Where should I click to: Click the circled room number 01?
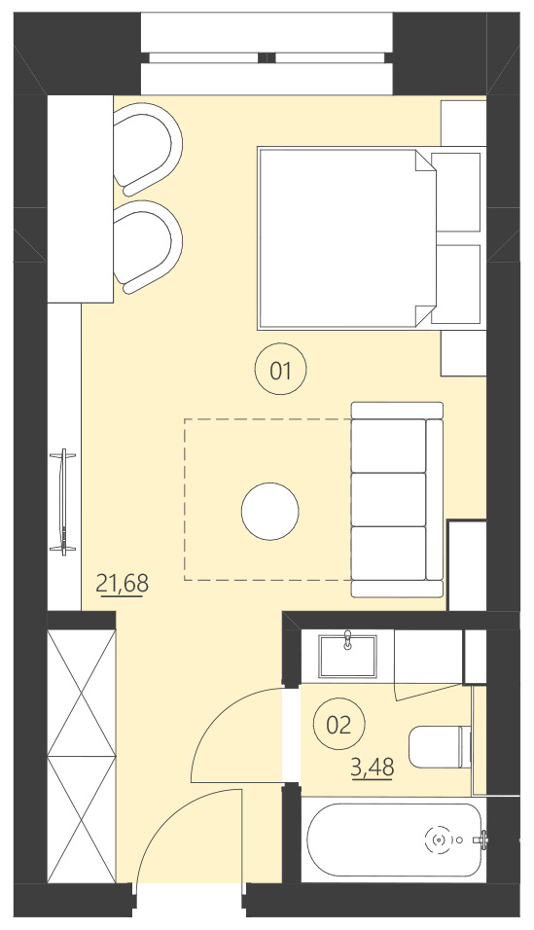click(x=280, y=370)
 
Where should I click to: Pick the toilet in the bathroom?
click(x=437, y=747)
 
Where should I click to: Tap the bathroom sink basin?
click(x=348, y=654)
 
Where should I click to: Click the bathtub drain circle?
click(x=440, y=839)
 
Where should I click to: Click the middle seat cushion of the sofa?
click(x=389, y=499)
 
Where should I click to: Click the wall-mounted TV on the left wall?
click(x=65, y=501)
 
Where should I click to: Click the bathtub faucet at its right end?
click(x=483, y=838)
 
